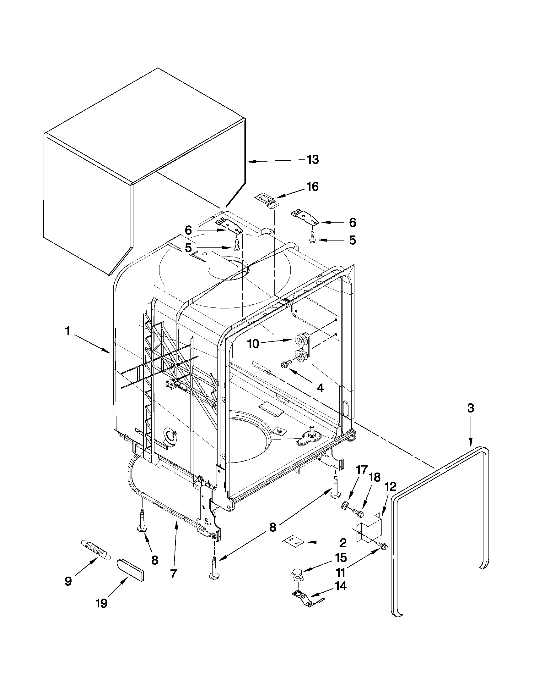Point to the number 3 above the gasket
(x=470, y=408)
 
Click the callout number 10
(x=253, y=344)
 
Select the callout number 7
(x=173, y=574)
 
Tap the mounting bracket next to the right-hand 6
(x=304, y=217)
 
